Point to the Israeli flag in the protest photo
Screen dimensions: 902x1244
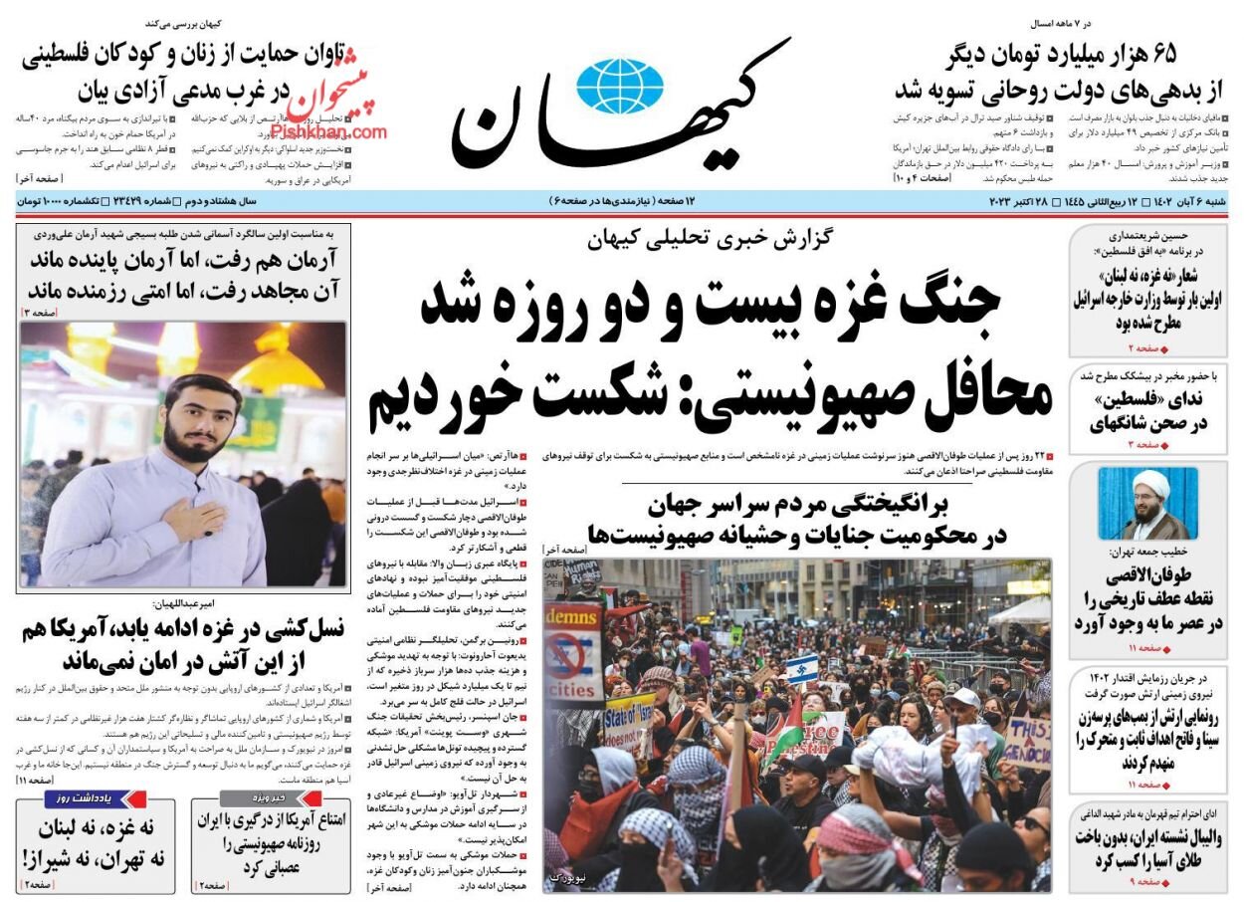pyautogui.click(x=802, y=668)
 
